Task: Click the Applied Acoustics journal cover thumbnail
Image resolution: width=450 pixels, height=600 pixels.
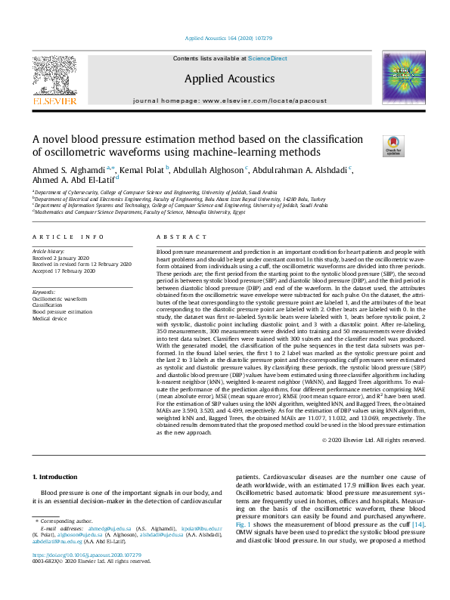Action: click(404, 77)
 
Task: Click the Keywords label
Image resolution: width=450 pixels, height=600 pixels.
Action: click(44, 292)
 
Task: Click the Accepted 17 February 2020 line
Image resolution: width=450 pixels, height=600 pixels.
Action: click(63, 271)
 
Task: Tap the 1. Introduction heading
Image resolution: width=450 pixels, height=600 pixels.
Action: click(57, 476)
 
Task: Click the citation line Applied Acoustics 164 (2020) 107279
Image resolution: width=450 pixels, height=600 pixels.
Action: click(225, 38)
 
